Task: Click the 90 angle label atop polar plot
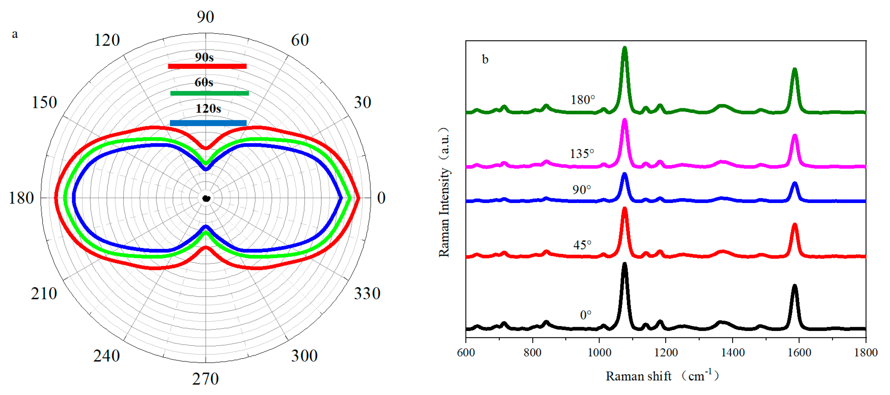coord(205,17)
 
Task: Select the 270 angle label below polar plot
coord(205,379)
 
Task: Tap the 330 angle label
coord(367,294)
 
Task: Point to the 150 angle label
coord(44,103)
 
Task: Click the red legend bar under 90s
coord(207,66)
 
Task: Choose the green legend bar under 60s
coord(209,93)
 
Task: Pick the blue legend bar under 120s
coord(208,123)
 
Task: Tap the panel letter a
coord(15,34)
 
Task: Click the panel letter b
coord(485,59)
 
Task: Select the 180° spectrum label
coord(583,100)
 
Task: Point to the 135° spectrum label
coord(582,153)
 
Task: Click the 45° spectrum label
coord(582,245)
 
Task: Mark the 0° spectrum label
coord(585,315)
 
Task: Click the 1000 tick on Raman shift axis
coord(599,353)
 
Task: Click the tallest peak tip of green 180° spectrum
coord(625,48)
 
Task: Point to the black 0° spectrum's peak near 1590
coord(795,286)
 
